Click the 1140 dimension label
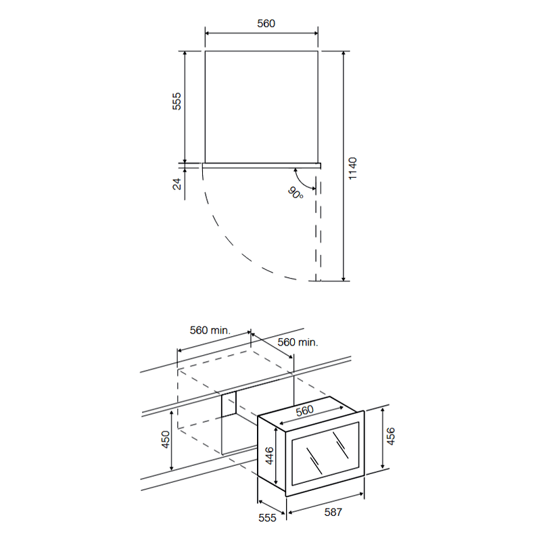[x=352, y=168]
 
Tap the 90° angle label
[x=296, y=193]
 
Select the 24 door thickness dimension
[x=177, y=184]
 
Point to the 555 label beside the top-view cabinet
[x=177, y=101]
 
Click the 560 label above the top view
[x=266, y=24]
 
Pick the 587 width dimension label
[x=333, y=512]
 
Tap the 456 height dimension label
[x=390, y=436]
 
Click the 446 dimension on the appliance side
[x=269, y=455]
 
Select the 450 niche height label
[x=166, y=440]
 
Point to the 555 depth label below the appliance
[x=267, y=517]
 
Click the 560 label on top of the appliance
[x=305, y=410]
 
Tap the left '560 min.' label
[x=210, y=330]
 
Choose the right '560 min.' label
[x=298, y=342]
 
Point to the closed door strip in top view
[x=262, y=166]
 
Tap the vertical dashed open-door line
[x=318, y=228]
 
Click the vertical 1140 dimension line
[x=344, y=166]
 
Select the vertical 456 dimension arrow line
[x=383, y=438]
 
